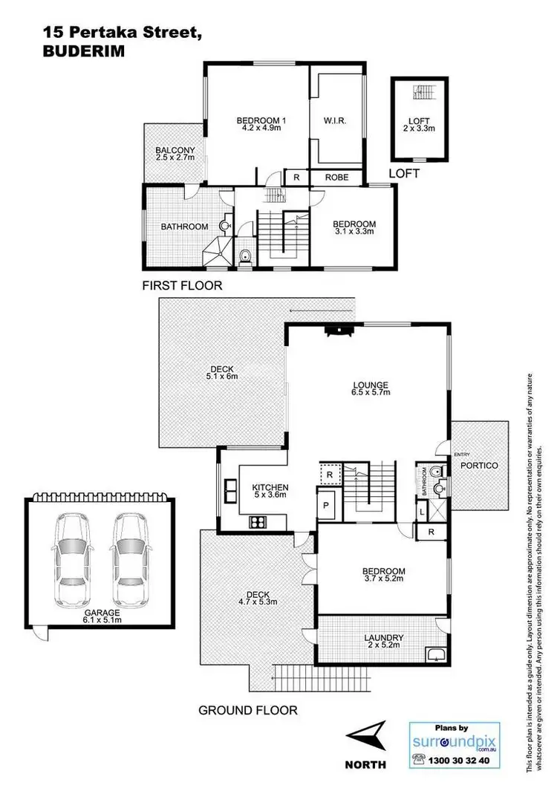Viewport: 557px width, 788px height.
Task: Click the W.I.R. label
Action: (336, 120)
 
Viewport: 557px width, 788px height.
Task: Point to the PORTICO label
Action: (478, 465)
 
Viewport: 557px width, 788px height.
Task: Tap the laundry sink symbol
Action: (434, 654)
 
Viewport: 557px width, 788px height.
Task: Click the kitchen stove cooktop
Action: (258, 521)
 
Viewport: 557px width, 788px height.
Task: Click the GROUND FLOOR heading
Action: (247, 710)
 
